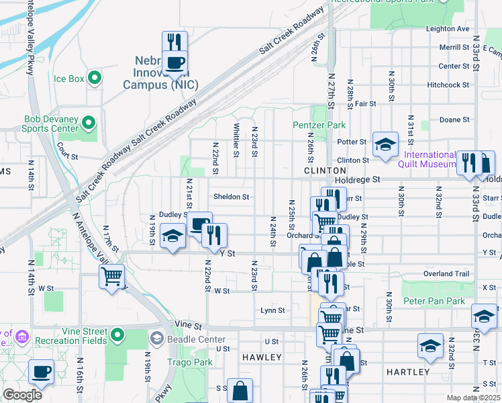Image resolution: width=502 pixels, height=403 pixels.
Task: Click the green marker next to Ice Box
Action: pos(95,79)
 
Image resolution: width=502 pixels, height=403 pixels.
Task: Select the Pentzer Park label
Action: pos(319,125)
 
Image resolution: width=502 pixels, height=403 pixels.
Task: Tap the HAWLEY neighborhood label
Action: pos(262,357)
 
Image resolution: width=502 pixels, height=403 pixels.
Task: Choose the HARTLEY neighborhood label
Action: pos(408,371)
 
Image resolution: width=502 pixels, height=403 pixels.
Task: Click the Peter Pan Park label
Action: pos(434,302)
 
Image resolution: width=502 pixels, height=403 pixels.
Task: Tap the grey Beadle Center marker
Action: pos(158,337)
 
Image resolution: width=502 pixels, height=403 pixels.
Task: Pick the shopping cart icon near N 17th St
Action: pos(111,275)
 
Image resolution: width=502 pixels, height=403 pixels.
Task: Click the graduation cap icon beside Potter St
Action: pos(386,144)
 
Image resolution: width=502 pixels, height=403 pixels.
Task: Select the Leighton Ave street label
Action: pos(448,29)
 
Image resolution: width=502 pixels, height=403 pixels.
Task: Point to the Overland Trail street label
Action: pos(446,274)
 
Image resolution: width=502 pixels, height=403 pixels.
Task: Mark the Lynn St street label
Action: pos(272,311)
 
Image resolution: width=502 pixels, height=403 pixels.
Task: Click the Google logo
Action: pos(22,395)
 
